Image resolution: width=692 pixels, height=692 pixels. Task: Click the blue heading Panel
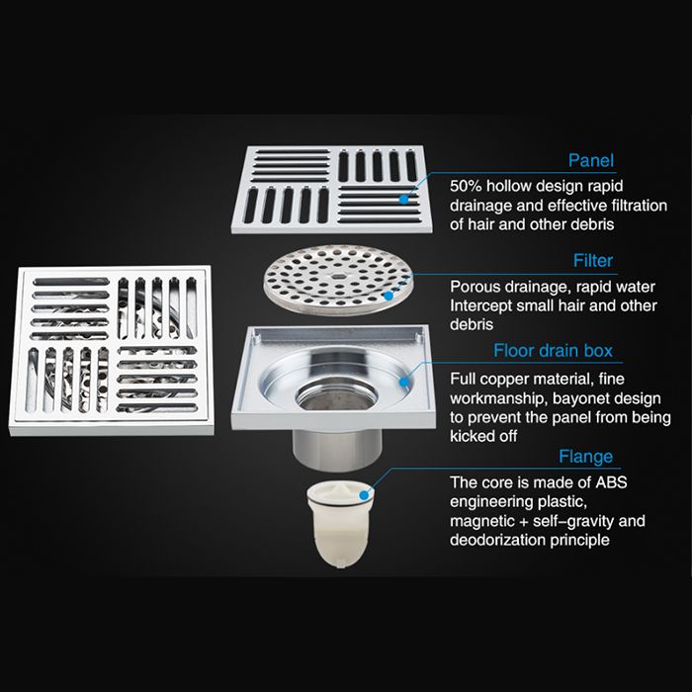(590, 160)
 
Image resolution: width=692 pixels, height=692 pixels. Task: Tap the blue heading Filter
(593, 260)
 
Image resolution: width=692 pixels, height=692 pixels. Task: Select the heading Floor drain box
(553, 351)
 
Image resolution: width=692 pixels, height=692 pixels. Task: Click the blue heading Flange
(585, 457)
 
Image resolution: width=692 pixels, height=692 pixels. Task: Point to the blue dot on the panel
(403, 200)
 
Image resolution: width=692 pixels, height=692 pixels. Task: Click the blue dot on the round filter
(388, 296)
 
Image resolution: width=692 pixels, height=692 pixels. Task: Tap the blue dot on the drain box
(404, 381)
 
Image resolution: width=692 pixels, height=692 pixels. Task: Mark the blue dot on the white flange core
(364, 495)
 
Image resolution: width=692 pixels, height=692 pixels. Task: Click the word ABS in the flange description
(611, 482)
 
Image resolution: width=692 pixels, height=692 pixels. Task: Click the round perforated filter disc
(338, 280)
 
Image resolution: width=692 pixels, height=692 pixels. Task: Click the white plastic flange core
(340, 523)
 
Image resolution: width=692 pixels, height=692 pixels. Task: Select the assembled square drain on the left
(112, 351)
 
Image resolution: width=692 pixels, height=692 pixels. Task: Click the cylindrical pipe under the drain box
(337, 447)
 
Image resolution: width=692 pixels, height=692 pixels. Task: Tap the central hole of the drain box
(336, 393)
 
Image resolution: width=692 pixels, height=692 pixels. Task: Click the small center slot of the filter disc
(338, 277)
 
